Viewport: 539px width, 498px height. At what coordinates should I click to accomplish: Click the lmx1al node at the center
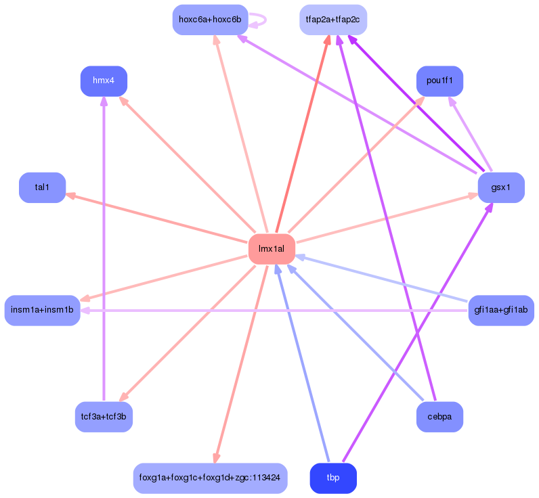tap(272, 249)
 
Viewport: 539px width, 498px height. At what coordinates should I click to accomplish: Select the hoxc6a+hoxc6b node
tap(210, 20)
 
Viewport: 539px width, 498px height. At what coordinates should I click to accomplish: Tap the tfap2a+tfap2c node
tap(333, 20)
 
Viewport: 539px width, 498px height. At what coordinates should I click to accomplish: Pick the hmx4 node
tap(104, 81)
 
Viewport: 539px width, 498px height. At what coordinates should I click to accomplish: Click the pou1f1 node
tap(439, 81)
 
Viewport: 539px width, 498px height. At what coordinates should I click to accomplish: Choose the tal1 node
tap(42, 187)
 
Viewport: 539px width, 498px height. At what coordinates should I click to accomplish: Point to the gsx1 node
tap(501, 187)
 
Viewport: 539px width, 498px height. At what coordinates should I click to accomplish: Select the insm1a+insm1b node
tap(42, 311)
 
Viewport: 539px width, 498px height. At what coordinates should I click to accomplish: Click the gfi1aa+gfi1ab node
tap(501, 311)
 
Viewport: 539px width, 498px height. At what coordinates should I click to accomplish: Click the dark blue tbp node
tap(333, 478)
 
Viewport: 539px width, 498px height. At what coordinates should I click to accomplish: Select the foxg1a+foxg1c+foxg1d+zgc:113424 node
tap(210, 478)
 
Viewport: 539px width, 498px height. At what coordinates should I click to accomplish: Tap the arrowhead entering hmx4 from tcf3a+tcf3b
tap(104, 101)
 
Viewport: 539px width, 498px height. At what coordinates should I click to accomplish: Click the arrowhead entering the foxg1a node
tap(216, 458)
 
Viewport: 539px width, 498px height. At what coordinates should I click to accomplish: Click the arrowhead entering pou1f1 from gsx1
tap(452, 100)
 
